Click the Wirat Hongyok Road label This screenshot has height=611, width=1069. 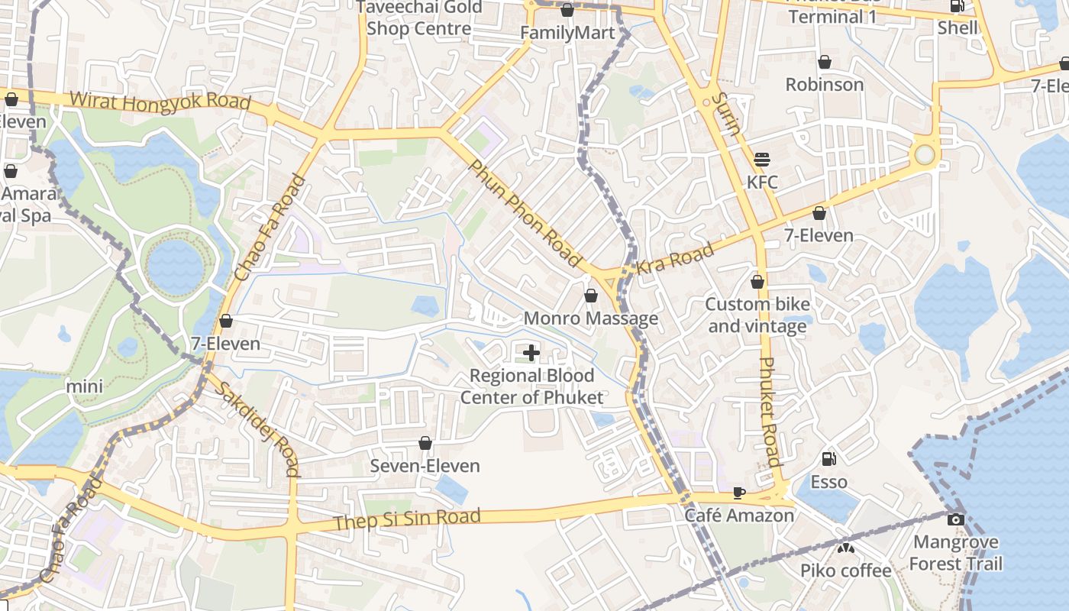coord(160,102)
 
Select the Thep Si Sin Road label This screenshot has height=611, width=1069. coord(408,519)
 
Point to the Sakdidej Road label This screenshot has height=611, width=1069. coord(256,428)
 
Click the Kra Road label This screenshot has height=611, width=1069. coord(675,258)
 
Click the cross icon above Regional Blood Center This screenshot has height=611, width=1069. coord(531,352)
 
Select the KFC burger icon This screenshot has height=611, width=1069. coord(761,160)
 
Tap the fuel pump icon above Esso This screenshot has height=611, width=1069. coord(828,459)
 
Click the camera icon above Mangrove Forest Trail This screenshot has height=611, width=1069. coord(955,520)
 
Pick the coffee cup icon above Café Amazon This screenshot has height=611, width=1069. coord(738,493)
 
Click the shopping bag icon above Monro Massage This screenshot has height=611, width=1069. coord(590,295)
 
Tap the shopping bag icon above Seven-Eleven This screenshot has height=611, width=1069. coord(425,443)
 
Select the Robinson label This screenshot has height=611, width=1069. coord(825,84)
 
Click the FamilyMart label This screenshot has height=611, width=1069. coord(567,33)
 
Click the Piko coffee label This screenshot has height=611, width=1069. coord(845,571)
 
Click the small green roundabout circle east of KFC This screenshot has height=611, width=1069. coord(925,155)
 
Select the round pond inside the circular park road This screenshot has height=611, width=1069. coord(176,267)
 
